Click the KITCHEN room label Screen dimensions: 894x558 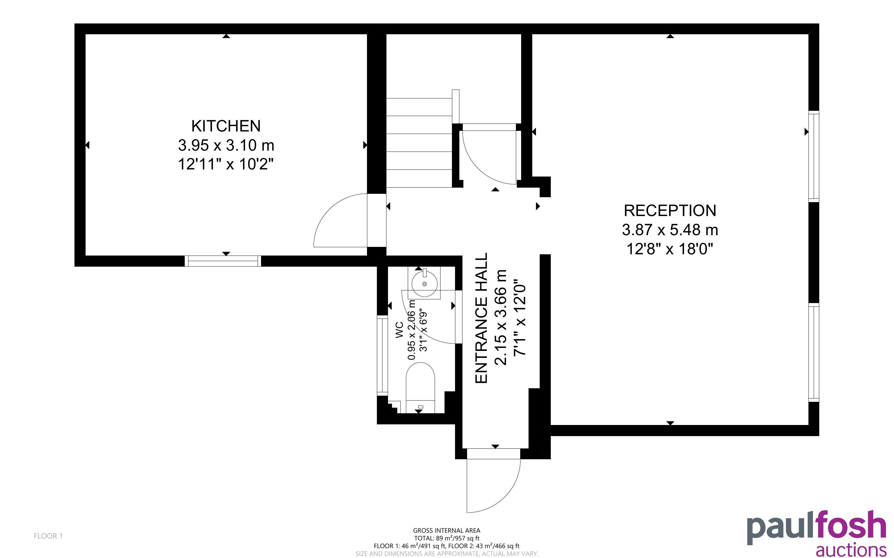(226, 126)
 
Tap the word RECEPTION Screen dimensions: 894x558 (670, 211)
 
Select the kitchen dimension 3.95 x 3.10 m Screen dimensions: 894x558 (226, 145)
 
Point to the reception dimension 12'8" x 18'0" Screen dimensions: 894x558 (669, 249)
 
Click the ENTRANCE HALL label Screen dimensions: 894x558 (481, 318)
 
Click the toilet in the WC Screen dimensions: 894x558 (420, 388)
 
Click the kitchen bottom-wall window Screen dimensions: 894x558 (223, 261)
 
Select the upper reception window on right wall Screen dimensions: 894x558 (814, 156)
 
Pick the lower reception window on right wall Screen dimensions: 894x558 (814, 352)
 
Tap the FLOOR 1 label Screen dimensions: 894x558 (48, 536)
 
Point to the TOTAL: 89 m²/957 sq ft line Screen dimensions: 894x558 (446, 538)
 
